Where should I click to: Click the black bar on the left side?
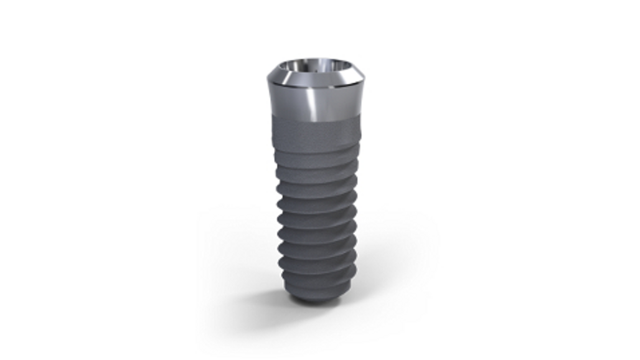pos(31,180)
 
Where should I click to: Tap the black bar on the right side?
pos(609,180)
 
